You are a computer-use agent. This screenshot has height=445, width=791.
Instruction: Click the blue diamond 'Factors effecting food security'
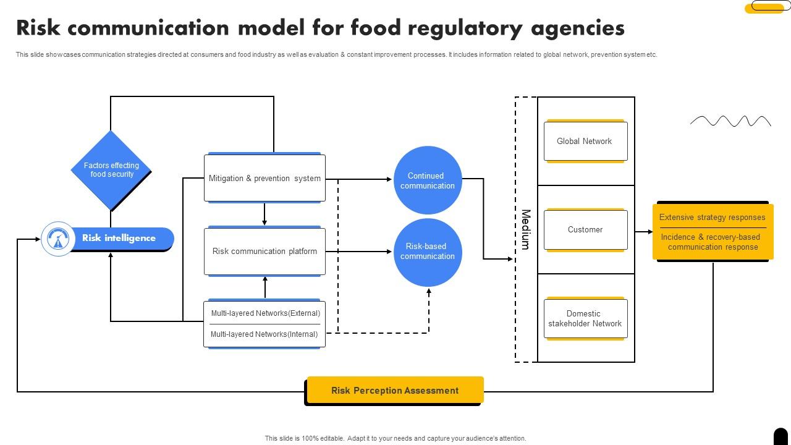click(x=111, y=170)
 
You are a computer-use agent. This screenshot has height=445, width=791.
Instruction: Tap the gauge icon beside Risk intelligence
click(x=58, y=239)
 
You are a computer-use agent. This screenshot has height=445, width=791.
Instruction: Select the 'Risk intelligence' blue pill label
click(x=119, y=238)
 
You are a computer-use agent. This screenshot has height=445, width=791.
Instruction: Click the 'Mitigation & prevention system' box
click(x=264, y=178)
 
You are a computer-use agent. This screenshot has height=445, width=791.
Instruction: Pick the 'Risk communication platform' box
click(x=264, y=252)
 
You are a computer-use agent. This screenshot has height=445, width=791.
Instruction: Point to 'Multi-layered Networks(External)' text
click(x=265, y=313)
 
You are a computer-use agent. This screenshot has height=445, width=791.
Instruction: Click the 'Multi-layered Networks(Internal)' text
click(x=264, y=334)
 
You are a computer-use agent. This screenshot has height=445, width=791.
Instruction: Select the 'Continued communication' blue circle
click(x=428, y=180)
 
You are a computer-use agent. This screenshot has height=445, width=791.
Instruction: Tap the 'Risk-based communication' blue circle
click(x=428, y=252)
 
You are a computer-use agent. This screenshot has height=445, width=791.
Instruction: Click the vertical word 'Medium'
click(x=526, y=229)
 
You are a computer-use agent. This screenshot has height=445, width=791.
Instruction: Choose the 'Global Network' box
click(x=585, y=142)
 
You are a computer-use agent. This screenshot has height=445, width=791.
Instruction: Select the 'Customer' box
click(x=585, y=230)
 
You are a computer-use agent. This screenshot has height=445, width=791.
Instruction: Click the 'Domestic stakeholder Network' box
click(x=585, y=318)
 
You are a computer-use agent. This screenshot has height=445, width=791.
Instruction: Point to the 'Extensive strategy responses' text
click(x=712, y=218)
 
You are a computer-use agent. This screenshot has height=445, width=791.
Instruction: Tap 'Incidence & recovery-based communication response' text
click(x=712, y=242)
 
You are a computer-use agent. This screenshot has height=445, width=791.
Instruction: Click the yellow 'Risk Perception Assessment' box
click(x=395, y=391)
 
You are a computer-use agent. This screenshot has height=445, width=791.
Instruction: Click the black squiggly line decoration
click(x=730, y=121)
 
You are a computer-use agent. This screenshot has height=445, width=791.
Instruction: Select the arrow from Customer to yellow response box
click(x=643, y=232)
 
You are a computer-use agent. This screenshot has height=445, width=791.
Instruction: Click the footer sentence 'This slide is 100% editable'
click(x=395, y=438)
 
